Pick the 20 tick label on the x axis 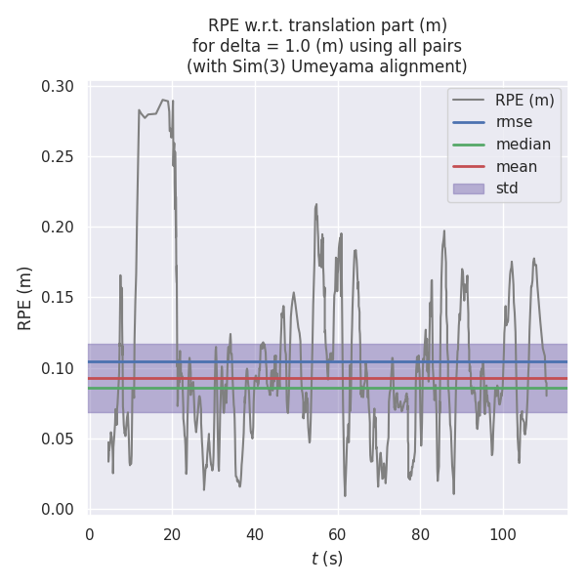tap(172, 534)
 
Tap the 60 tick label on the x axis tap(337, 534)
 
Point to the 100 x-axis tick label tap(502, 534)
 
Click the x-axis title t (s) tap(327, 559)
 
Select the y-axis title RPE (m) tap(25, 298)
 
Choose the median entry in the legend tap(523, 145)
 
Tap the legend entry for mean tap(516, 166)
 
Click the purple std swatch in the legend tap(468, 188)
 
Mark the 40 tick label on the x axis tap(255, 534)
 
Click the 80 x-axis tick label tap(420, 534)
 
